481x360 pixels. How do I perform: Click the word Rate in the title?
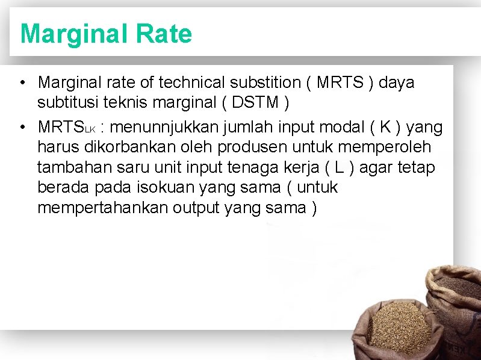164,34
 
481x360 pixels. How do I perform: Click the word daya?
397,82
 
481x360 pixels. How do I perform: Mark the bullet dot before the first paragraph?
22,82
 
